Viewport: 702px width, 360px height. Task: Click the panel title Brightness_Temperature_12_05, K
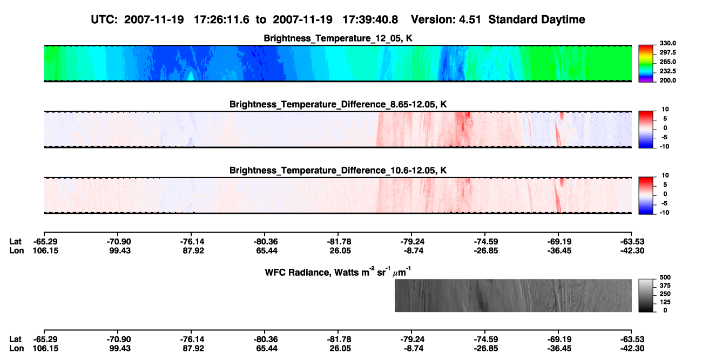pyautogui.click(x=338, y=38)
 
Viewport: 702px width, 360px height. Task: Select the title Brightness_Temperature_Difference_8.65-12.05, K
pyautogui.click(x=338, y=104)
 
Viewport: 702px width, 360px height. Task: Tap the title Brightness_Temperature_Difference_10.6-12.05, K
pyautogui.click(x=338, y=171)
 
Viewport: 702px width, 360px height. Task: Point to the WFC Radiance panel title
pyautogui.click(x=338, y=272)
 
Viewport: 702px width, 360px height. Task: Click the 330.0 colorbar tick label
pyautogui.click(x=667, y=43)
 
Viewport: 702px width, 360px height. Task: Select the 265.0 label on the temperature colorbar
pyautogui.click(x=667, y=62)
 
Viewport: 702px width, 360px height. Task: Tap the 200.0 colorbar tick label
pyautogui.click(x=667, y=80)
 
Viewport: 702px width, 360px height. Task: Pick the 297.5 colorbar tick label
pyautogui.click(x=667, y=52)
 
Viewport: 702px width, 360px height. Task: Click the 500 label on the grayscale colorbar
pyautogui.click(x=665, y=277)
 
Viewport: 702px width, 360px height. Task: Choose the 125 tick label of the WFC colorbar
pyautogui.click(x=665, y=302)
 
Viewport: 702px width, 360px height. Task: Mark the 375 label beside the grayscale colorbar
pyautogui.click(x=665, y=286)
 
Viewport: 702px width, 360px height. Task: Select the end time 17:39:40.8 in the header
pyautogui.click(x=370, y=20)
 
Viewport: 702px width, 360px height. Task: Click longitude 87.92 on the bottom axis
pyautogui.click(x=193, y=349)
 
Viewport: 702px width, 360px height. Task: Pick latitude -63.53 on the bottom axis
pyautogui.click(x=632, y=339)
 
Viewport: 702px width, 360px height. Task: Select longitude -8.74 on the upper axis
pyautogui.click(x=414, y=250)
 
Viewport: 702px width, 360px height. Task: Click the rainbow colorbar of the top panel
pyautogui.click(x=646, y=64)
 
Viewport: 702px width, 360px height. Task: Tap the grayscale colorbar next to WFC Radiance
pyautogui.click(x=646, y=295)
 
